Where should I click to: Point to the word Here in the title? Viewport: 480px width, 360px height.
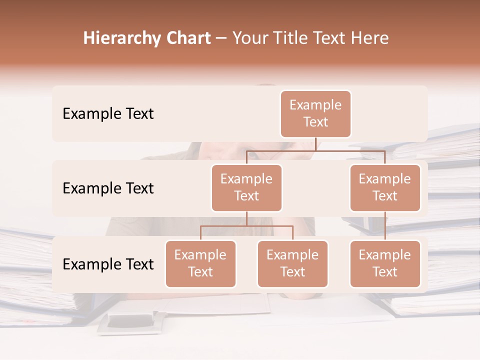pos(370,38)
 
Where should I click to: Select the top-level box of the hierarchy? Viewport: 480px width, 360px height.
pos(315,114)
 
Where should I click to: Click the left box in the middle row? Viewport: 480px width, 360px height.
pos(246,187)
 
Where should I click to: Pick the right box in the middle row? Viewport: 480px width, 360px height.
pos(385,187)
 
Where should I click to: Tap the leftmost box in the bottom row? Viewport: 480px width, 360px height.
pos(200,263)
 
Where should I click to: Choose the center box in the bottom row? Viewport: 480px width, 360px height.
pos(292,263)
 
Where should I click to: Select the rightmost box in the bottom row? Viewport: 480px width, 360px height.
pos(385,263)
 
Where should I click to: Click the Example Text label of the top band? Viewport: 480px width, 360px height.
pos(108,114)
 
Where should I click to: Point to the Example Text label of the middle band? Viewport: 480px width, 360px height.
pos(108,188)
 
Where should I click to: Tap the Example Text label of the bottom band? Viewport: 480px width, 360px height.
pos(108,264)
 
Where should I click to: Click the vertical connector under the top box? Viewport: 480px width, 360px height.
pos(315,144)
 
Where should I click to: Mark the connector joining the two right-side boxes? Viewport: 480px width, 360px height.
pos(385,226)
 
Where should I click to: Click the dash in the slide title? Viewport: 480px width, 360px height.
pos(221,38)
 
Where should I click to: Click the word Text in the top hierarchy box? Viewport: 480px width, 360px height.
pos(315,122)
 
